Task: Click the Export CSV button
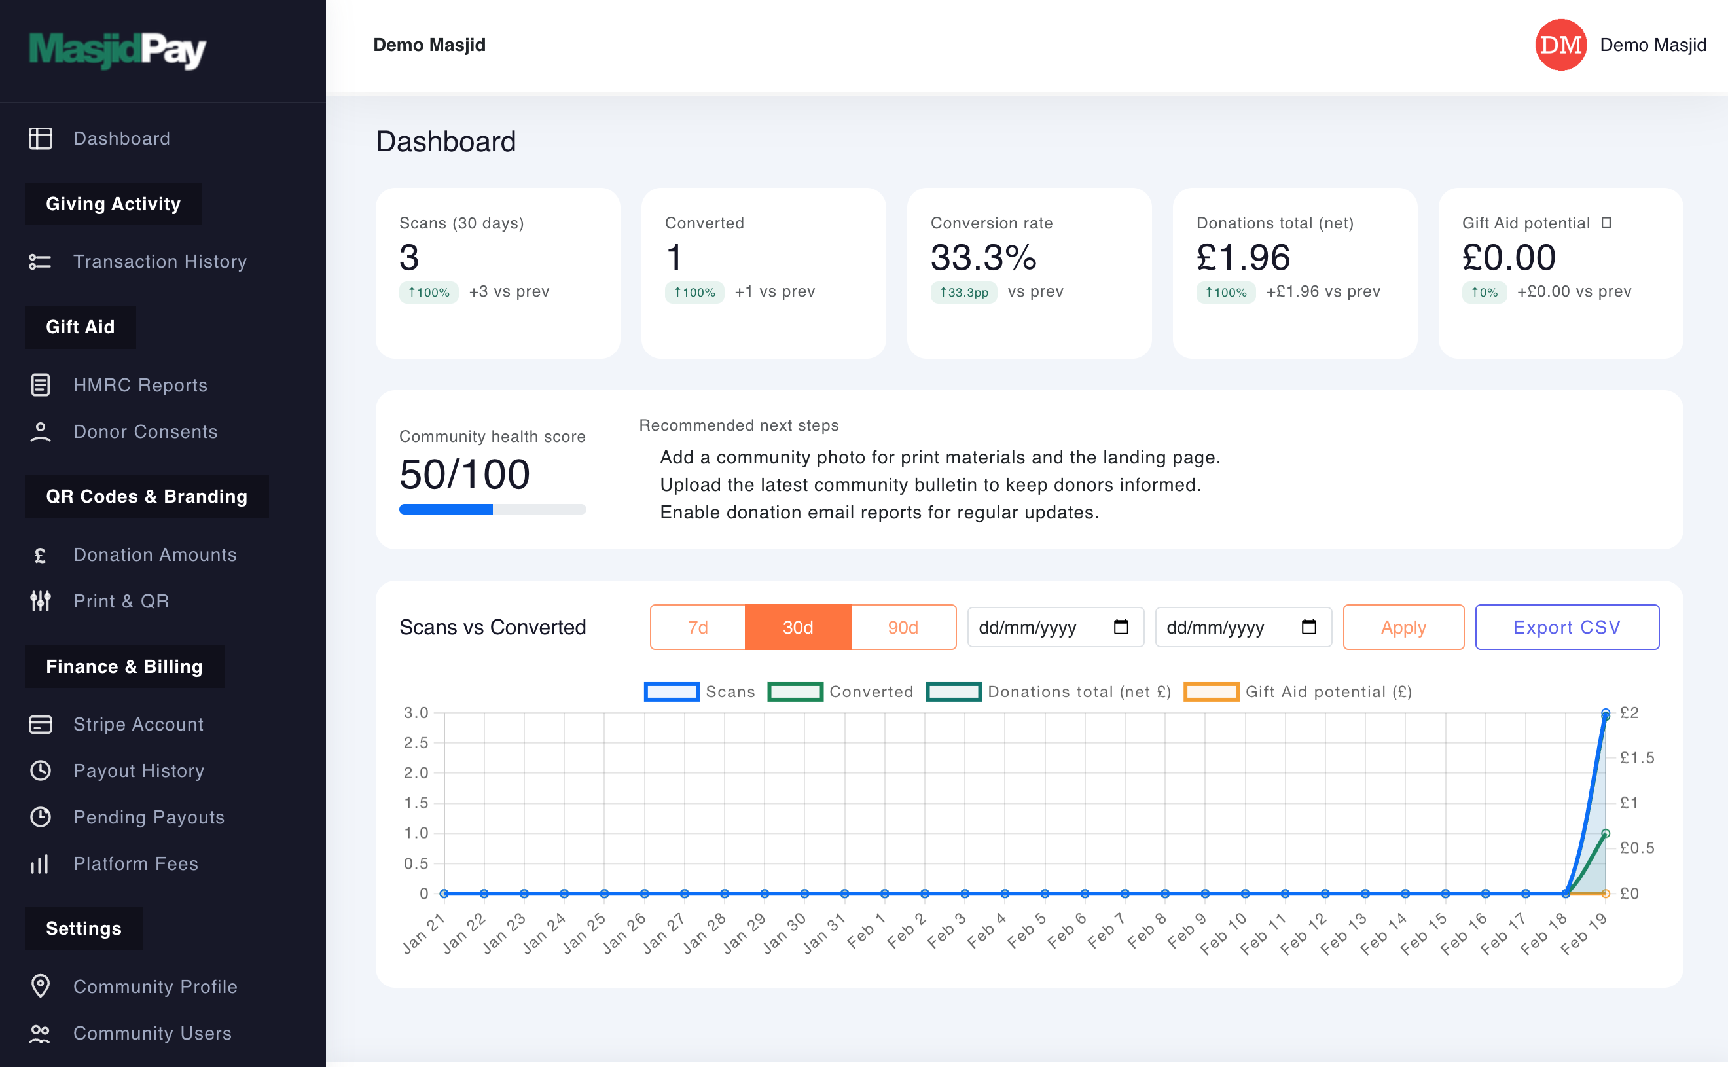[1566, 626]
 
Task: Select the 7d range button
[697, 626]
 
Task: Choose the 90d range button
[903, 626]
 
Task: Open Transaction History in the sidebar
[160, 261]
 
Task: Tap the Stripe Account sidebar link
[138, 724]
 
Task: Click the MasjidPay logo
[117, 50]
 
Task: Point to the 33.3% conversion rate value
[983, 257]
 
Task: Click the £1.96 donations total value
[1242, 257]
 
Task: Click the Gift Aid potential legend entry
[1299, 691]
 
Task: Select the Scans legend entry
[698, 691]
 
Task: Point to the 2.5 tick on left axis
[416, 742]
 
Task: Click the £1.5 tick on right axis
[1636, 758]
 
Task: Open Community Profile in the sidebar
[155, 986]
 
